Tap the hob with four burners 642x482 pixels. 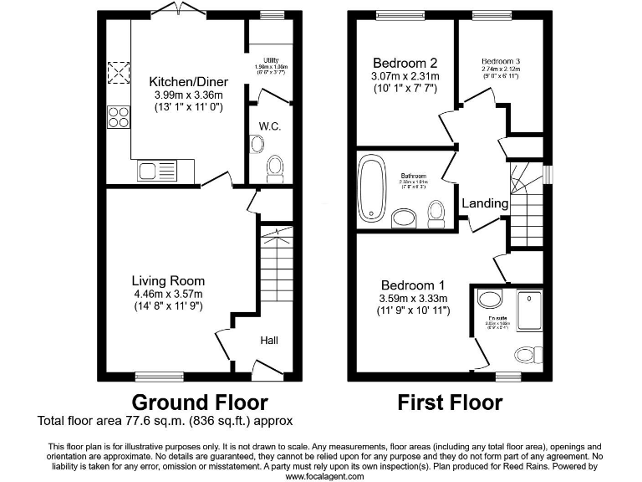(118, 116)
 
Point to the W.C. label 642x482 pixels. (269, 126)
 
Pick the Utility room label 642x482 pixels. (270, 60)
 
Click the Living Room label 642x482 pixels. (168, 281)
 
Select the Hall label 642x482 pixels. (270, 341)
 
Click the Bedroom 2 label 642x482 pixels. (405, 63)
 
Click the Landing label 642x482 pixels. (485, 203)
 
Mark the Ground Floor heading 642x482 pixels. (200, 403)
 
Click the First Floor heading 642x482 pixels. (450, 403)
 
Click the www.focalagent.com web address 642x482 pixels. (325, 475)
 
